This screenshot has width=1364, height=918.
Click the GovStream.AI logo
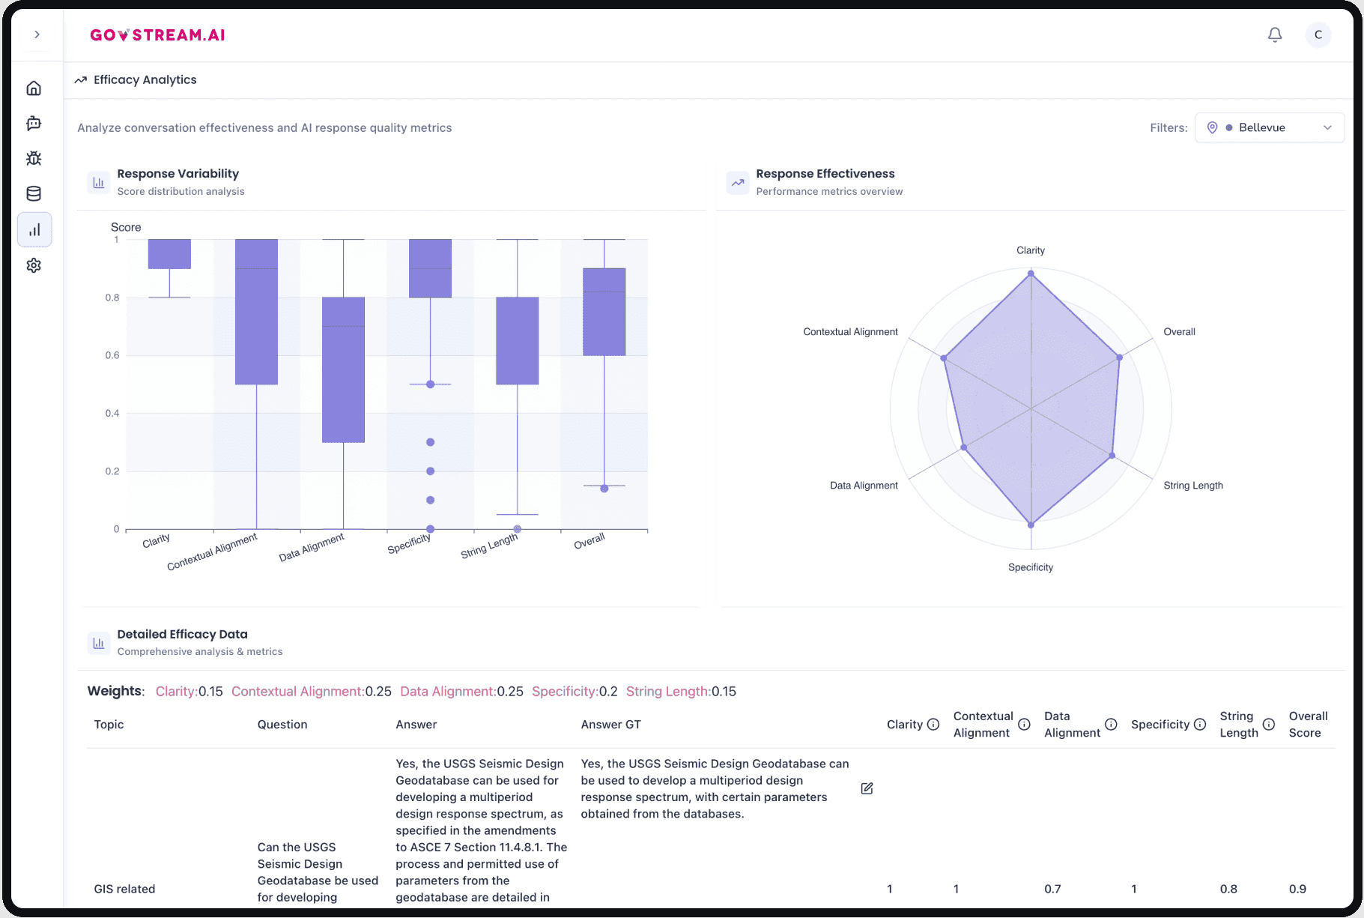pyautogui.click(x=157, y=35)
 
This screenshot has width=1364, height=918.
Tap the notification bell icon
pyautogui.click(x=1275, y=35)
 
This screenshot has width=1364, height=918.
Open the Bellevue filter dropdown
pyautogui.click(x=1269, y=127)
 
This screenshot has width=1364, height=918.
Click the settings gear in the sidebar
pyautogui.click(x=34, y=265)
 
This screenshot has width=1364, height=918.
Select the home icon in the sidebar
pyautogui.click(x=34, y=88)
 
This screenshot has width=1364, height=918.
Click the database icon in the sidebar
pyautogui.click(x=34, y=194)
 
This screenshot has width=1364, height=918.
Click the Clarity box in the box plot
pyautogui.click(x=169, y=254)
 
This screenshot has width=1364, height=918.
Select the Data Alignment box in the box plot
pyautogui.click(x=343, y=369)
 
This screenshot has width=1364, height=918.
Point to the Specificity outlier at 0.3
pyautogui.click(x=430, y=442)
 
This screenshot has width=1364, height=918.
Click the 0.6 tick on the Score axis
pyautogui.click(x=112, y=355)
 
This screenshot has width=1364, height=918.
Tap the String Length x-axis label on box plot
pyautogui.click(x=489, y=546)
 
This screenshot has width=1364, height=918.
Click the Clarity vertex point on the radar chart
pyautogui.click(x=1031, y=274)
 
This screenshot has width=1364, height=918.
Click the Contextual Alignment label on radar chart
pyautogui.click(x=850, y=332)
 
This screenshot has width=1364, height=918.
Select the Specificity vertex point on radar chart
pyautogui.click(x=1031, y=525)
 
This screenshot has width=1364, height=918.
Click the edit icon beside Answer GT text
pyautogui.click(x=867, y=788)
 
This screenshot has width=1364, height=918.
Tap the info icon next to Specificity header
pyautogui.click(x=1200, y=725)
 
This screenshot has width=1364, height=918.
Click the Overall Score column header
pyautogui.click(x=1308, y=725)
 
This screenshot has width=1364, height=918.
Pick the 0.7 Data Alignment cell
pyautogui.click(x=1052, y=889)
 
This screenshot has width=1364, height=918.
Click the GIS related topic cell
pyautogui.click(x=124, y=889)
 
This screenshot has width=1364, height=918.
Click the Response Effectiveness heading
pyautogui.click(x=825, y=174)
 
